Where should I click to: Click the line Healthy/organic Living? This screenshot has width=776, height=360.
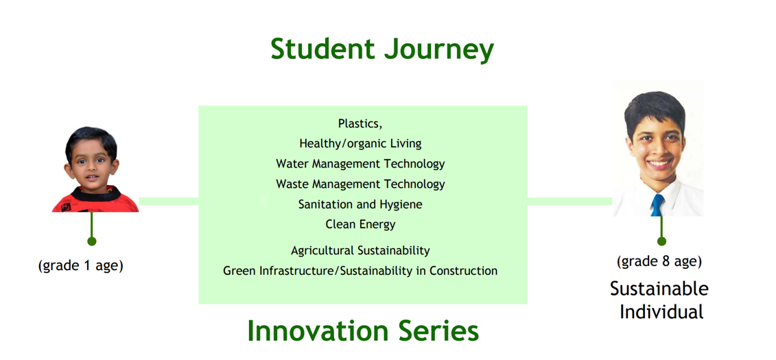click(x=360, y=143)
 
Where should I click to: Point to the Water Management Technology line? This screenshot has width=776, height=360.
click(x=360, y=164)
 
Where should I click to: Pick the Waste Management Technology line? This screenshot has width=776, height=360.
click(x=360, y=184)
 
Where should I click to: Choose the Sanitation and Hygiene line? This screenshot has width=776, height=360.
click(x=360, y=204)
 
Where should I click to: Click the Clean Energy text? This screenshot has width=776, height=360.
click(x=360, y=224)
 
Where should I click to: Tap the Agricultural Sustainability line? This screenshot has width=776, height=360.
click(x=360, y=251)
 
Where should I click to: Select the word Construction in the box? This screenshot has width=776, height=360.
click(x=463, y=271)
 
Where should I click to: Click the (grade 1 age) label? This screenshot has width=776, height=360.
click(x=81, y=265)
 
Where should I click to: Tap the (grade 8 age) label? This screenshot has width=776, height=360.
click(x=659, y=261)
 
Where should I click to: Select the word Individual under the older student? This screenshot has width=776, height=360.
click(x=661, y=313)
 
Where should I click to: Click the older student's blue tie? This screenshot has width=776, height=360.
click(x=657, y=205)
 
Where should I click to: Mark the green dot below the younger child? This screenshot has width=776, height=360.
click(x=91, y=241)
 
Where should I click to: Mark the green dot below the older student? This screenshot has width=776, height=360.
click(x=661, y=241)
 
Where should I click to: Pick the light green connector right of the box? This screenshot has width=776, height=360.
click(x=570, y=202)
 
